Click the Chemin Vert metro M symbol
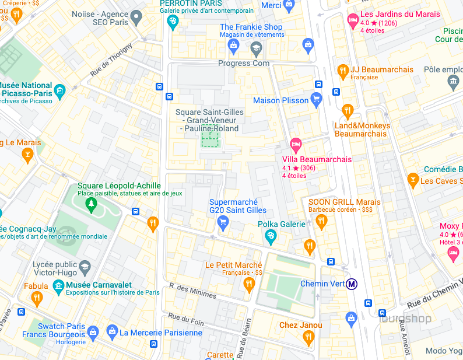click(352, 284)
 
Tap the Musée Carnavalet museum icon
click(58, 285)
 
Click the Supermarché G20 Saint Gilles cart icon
click(222, 222)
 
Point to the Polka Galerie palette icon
click(271, 236)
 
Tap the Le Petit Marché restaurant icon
click(249, 284)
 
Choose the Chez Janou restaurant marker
click(309, 337)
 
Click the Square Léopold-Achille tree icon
click(90, 204)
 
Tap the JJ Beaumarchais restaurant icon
click(343, 71)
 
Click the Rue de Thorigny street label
click(111, 60)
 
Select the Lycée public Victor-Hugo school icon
click(85, 267)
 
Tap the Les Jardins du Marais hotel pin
click(352, 20)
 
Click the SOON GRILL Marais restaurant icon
click(321, 221)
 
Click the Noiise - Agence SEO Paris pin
click(136, 18)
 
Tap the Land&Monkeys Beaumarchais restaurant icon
click(348, 110)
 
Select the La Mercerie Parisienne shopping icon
click(111, 333)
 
